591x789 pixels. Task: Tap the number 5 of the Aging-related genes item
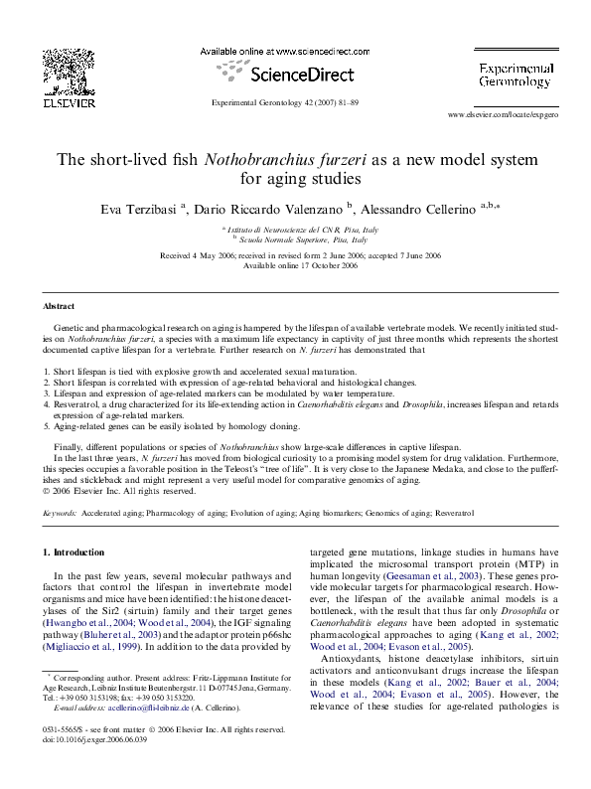46,426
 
